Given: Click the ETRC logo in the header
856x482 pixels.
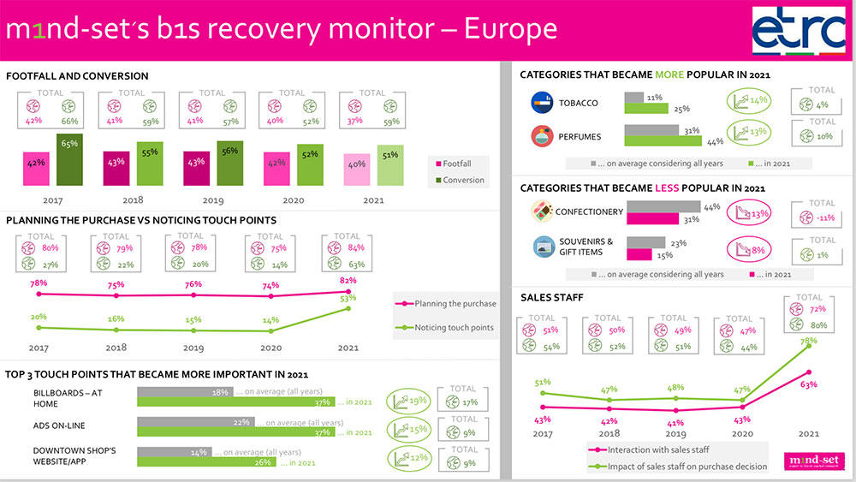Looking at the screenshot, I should click(798, 31).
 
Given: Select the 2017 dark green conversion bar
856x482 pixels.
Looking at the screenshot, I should click(68, 159).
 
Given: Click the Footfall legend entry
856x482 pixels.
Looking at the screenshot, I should click(460, 163).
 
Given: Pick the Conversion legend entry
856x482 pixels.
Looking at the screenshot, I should click(460, 180).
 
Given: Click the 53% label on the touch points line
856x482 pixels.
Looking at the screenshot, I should click(348, 298).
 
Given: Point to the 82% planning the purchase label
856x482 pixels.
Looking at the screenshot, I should click(348, 280).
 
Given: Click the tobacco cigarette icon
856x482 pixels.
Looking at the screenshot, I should click(543, 104).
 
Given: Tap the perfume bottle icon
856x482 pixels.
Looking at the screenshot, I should click(543, 137).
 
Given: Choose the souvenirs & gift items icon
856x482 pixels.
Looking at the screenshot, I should click(543, 247).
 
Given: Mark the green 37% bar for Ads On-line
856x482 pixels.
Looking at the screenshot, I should click(235, 432).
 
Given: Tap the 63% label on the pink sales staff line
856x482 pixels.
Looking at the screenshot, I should click(805, 384).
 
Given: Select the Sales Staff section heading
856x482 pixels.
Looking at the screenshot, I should click(552, 298).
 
